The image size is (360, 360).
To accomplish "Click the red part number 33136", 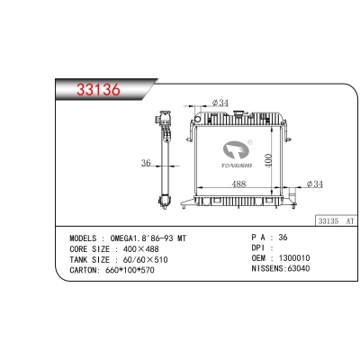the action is point(98,89).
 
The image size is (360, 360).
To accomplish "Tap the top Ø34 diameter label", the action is point(220,103).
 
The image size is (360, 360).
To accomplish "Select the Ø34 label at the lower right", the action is point(315,184).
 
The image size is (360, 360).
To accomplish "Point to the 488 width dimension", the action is point(238,184).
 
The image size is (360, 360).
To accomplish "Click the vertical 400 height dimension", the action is point(268,160).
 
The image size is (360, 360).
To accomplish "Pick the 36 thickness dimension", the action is point(146,163).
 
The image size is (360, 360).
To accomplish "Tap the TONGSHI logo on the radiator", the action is point(237,155).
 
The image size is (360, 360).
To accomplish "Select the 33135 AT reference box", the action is point(336,221).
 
